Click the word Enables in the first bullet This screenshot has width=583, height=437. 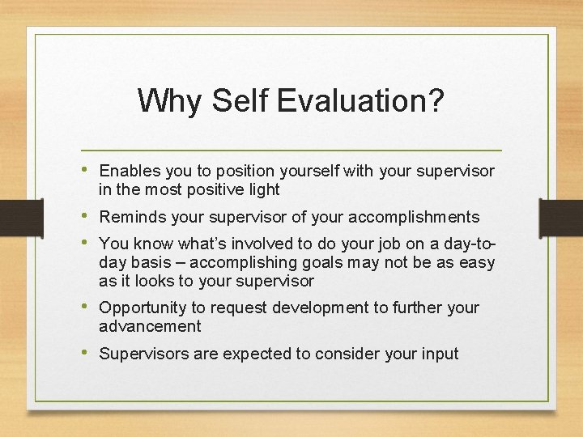coord(130,171)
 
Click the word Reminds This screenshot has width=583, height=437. coord(130,217)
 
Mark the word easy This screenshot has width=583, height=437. coord(476,263)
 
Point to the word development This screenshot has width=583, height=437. coord(323,308)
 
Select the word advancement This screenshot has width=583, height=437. coord(150,326)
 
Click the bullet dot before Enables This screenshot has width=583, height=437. coord(87,170)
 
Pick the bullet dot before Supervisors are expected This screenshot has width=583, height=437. coord(87,353)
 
